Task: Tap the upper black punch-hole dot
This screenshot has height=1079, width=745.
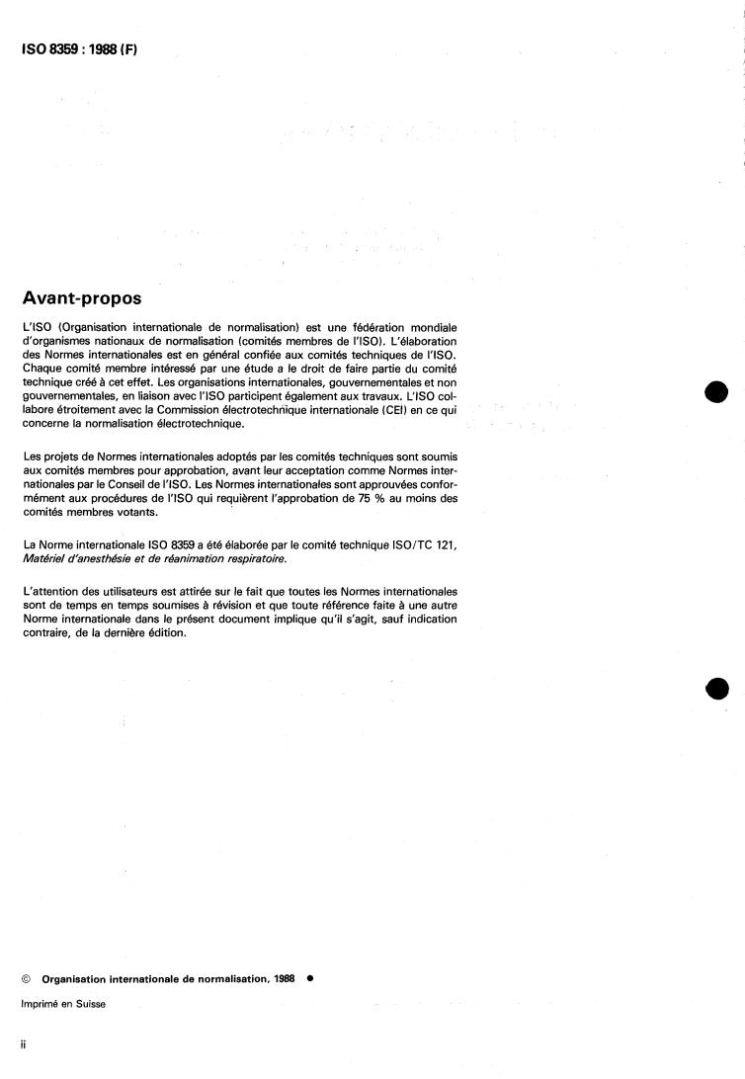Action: tap(717, 392)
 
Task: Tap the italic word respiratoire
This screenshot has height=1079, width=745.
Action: tap(253, 559)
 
